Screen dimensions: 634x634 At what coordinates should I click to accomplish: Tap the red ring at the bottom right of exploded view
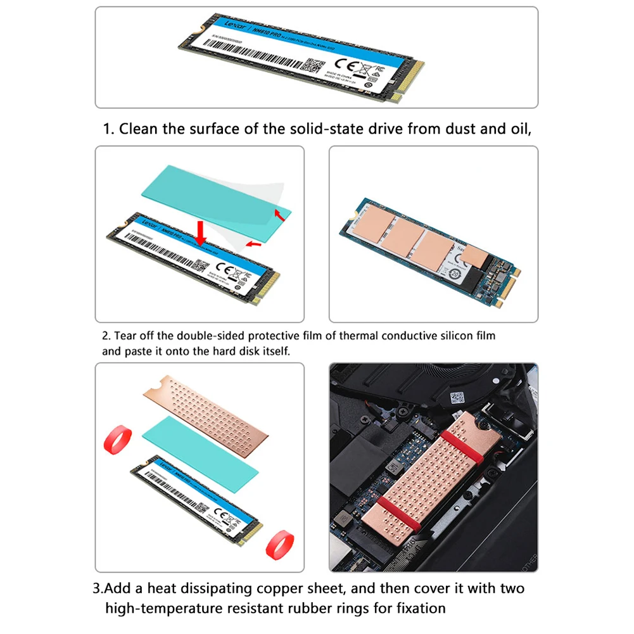coord(279,543)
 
